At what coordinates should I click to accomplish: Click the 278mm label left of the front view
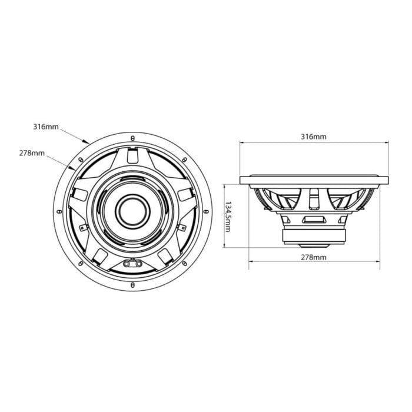[32, 153]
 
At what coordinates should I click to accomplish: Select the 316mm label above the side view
[313, 137]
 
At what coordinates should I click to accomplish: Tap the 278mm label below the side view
[313, 258]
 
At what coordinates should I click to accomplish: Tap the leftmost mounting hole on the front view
[58, 210]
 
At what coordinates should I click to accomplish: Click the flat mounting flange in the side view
[313, 179]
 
